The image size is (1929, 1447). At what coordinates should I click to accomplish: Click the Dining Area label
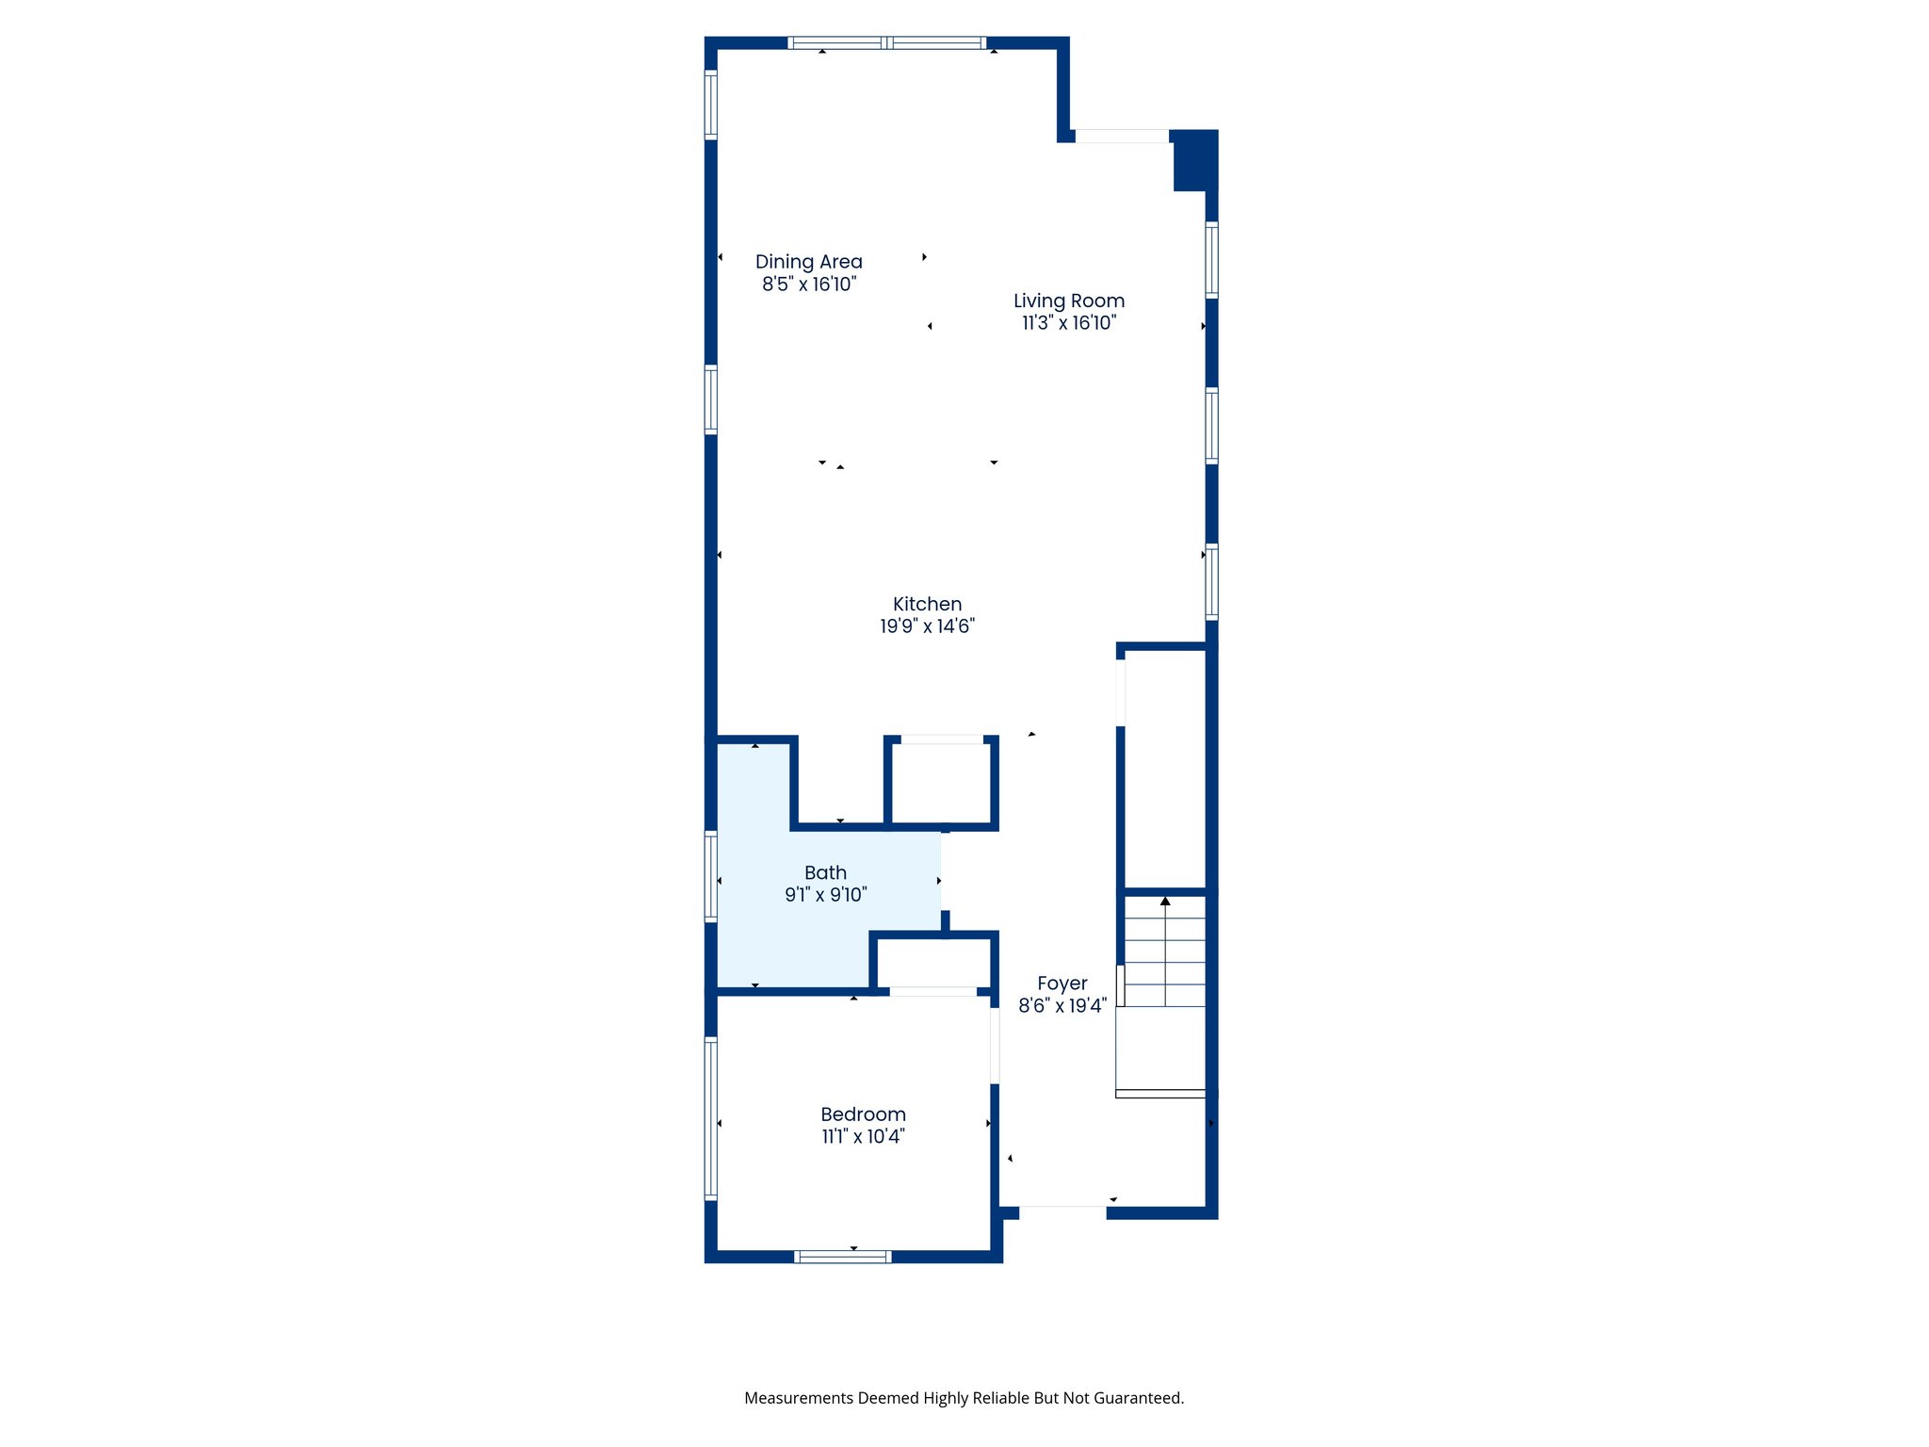click(x=808, y=262)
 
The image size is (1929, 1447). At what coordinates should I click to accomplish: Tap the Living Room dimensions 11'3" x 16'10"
click(x=1069, y=323)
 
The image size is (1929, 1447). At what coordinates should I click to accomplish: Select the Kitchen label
click(x=927, y=604)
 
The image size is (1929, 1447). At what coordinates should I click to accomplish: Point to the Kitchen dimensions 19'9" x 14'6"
click(x=927, y=626)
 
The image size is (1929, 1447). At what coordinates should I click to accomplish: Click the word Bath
click(x=825, y=873)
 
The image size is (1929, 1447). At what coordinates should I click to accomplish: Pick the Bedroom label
click(x=863, y=1114)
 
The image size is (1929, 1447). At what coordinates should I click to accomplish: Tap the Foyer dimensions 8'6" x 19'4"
click(x=1062, y=1006)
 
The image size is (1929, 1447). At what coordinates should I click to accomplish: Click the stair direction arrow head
click(x=1165, y=902)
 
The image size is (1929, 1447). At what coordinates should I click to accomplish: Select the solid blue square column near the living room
click(x=1194, y=161)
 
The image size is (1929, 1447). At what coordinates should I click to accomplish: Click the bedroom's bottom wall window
click(x=843, y=1257)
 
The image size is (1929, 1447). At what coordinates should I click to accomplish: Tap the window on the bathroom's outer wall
click(x=711, y=876)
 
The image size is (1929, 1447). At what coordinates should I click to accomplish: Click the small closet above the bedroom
click(x=932, y=963)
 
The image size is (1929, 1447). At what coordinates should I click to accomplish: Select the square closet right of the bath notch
click(x=941, y=783)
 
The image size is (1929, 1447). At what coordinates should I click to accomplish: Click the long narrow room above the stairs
click(x=1165, y=768)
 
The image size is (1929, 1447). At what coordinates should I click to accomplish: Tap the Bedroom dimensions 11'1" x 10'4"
click(x=863, y=1137)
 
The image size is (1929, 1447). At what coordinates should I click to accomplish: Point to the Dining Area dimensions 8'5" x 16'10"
click(x=809, y=285)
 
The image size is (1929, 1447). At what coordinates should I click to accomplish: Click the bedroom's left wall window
click(x=711, y=1118)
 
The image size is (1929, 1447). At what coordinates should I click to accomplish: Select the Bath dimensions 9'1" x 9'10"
click(x=825, y=895)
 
